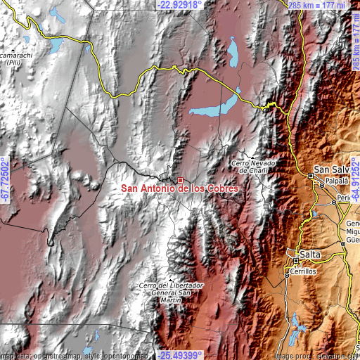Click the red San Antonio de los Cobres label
pyautogui.click(x=181, y=188)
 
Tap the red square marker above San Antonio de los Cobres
pyautogui.click(x=181, y=180)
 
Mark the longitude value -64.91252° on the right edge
pyautogui.click(x=355, y=181)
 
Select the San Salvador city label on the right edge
pyautogui.click(x=331, y=169)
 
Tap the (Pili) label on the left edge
pyautogui.click(x=12, y=63)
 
